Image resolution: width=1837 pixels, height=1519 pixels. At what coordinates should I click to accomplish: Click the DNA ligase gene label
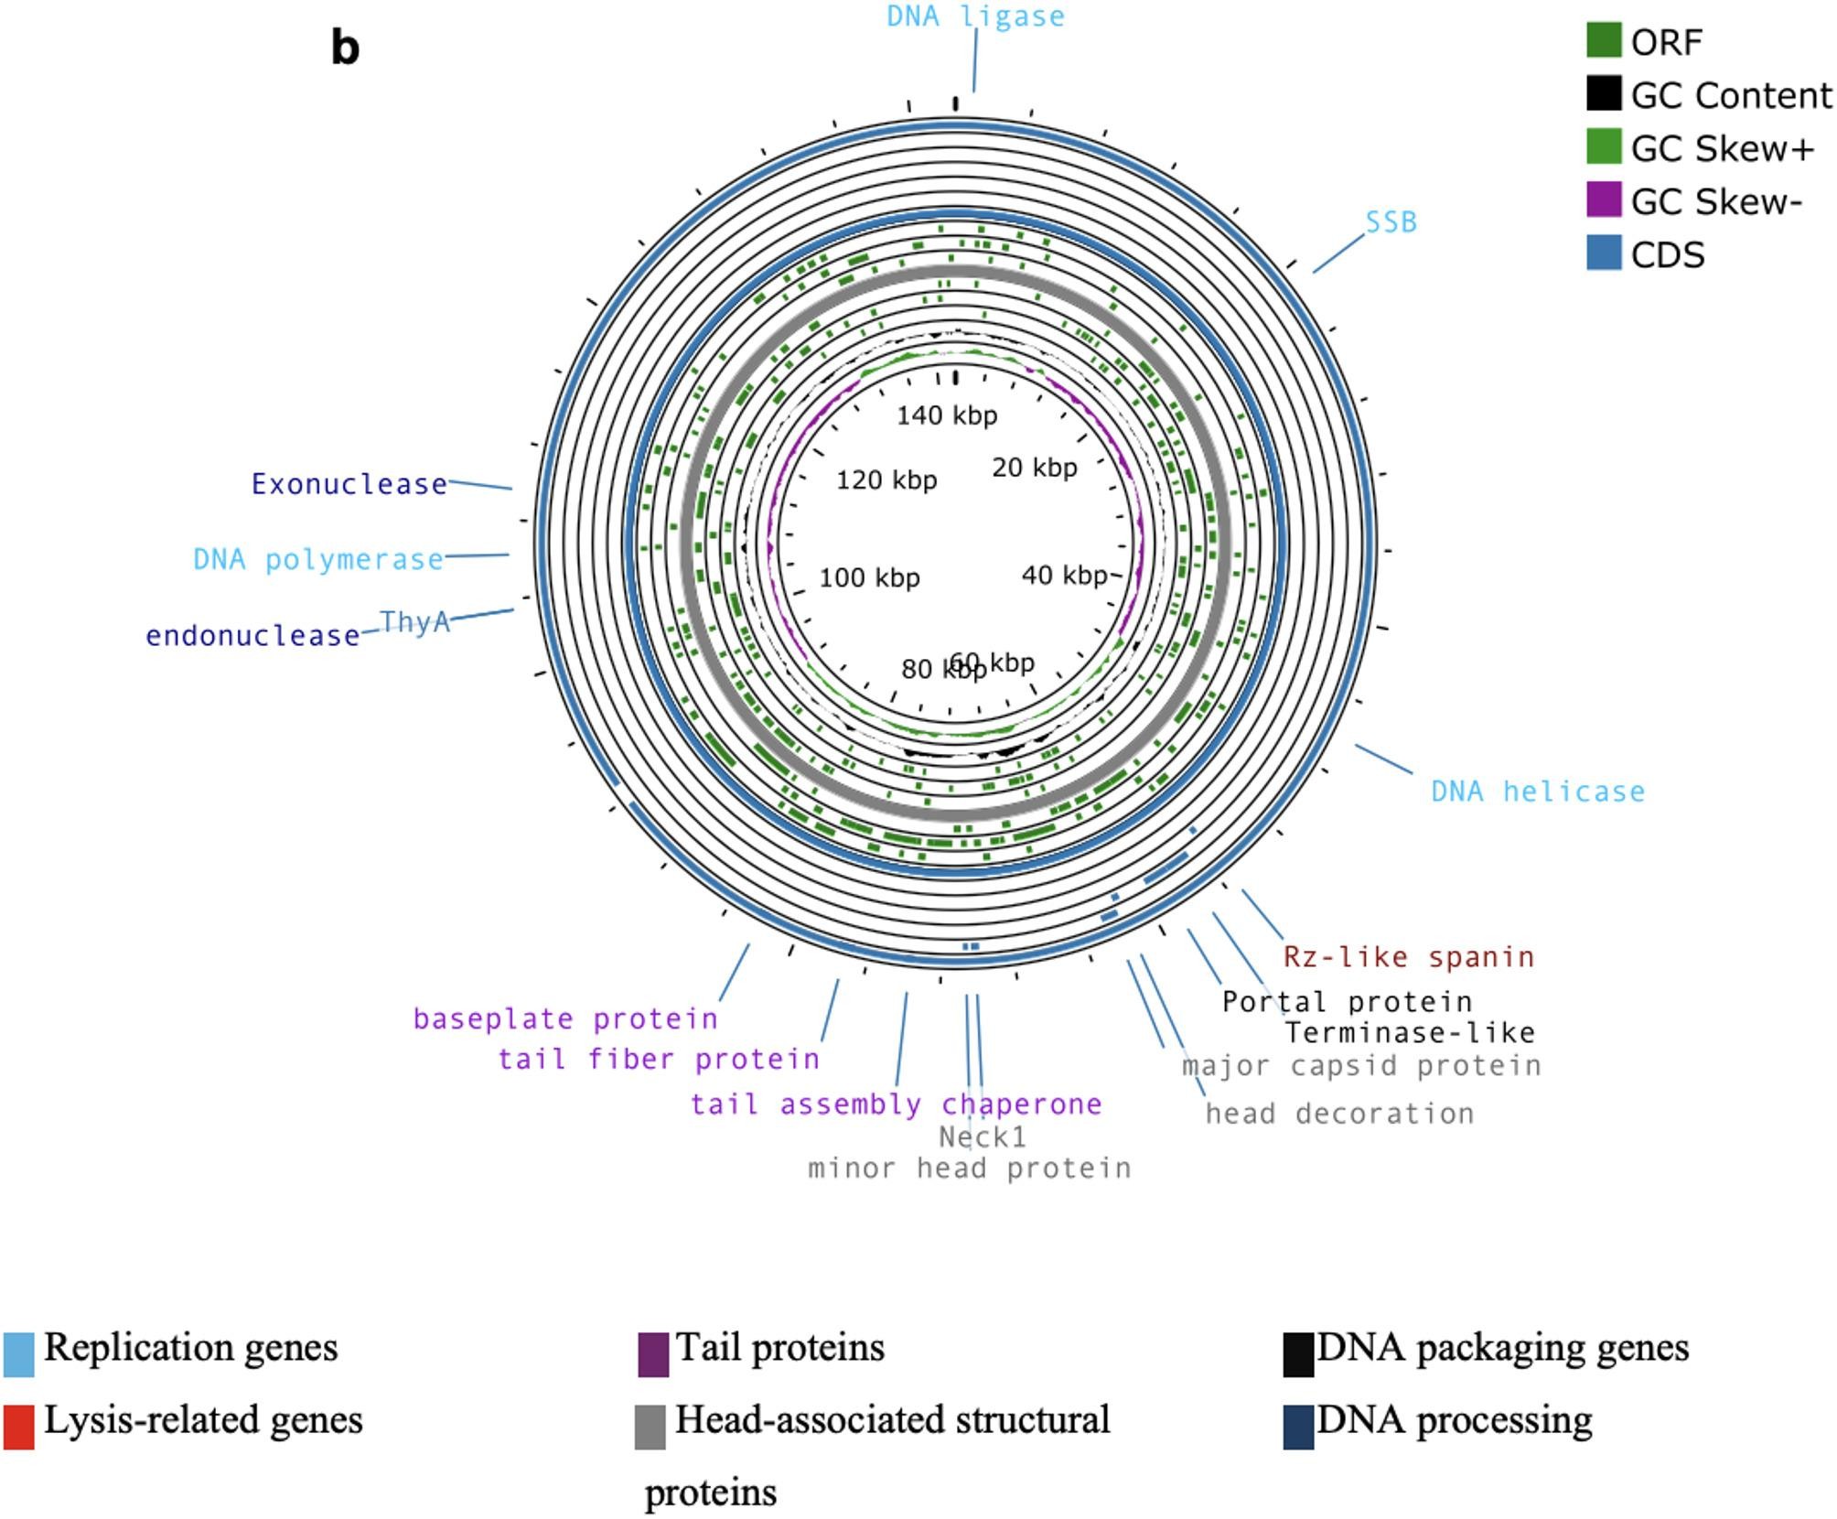tap(975, 16)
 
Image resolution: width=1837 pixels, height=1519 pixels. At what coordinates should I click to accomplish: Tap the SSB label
tap(1391, 222)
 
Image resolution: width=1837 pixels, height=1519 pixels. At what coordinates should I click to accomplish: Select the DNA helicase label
tap(1537, 792)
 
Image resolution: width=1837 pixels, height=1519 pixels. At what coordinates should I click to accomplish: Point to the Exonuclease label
tap(349, 484)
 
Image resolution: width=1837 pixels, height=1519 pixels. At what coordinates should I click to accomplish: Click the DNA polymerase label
tap(317, 559)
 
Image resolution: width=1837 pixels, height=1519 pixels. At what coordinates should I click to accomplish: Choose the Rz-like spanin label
tap(1408, 957)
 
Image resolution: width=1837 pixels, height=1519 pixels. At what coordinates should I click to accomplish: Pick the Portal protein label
tap(1347, 1002)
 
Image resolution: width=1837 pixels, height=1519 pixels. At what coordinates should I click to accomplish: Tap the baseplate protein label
tap(565, 1018)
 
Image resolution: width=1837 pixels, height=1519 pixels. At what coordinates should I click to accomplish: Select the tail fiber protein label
tap(659, 1060)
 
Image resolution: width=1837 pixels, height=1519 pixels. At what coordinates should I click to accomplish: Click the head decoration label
tap(1339, 1114)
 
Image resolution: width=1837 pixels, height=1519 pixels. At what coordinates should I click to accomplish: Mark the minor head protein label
tap(970, 1169)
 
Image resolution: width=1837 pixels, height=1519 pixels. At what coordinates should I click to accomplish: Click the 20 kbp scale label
tap(1035, 468)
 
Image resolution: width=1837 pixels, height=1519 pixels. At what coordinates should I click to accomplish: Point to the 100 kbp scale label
tap(869, 577)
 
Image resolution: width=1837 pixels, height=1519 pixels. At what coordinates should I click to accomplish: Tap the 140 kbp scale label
tap(947, 415)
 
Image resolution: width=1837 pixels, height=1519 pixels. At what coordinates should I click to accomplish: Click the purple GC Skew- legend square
tap(1603, 200)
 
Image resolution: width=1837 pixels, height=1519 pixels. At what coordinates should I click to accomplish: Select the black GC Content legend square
tap(1603, 94)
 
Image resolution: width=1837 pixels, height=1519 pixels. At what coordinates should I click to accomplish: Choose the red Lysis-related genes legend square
tap(19, 1427)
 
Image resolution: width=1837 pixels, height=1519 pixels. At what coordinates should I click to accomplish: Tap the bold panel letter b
tap(345, 48)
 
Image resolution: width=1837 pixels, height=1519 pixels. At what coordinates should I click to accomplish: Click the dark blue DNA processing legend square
tap(1298, 1427)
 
